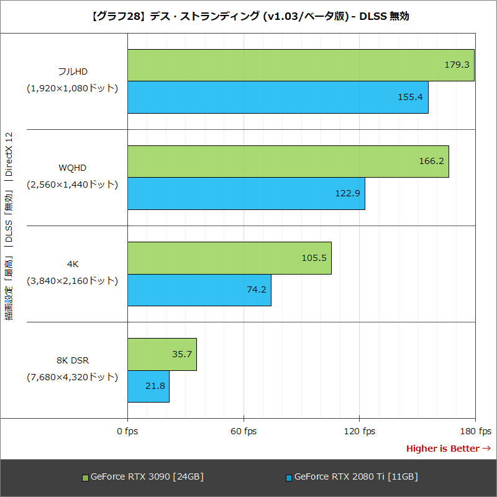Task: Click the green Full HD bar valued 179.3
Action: coord(301,65)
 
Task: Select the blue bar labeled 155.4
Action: coord(278,98)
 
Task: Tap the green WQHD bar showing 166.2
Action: coord(288,162)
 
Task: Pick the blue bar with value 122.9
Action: coord(246,194)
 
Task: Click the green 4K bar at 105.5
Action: coord(229,258)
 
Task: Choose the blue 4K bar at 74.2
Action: coord(199,290)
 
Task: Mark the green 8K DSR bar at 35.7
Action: coord(162,354)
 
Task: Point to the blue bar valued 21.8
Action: coord(148,386)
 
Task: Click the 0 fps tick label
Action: coord(127,431)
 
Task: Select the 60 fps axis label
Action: coord(244,431)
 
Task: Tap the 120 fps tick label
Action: coord(360,431)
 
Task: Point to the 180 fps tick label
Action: coord(475,431)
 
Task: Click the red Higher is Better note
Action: coord(448,449)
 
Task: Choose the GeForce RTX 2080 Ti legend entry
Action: coord(352,477)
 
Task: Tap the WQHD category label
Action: coord(73,168)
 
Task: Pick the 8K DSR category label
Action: coord(73,360)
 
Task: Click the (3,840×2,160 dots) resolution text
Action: coord(72,281)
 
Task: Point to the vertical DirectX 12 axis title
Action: coord(9,226)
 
